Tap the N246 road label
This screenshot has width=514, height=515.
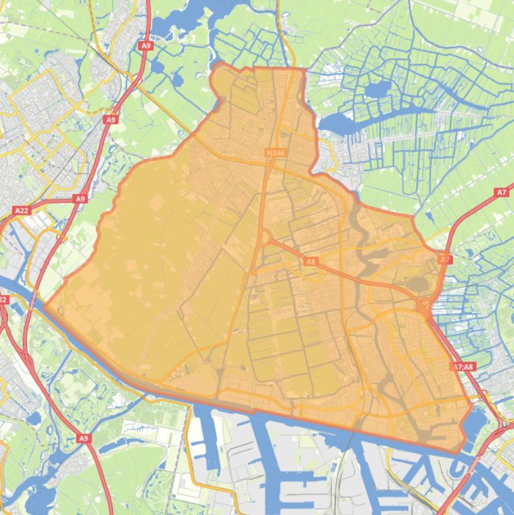tap(275, 153)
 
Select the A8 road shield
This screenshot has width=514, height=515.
tap(310, 262)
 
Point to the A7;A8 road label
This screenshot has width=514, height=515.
tap(463, 367)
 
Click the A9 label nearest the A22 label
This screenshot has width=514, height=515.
tap(80, 199)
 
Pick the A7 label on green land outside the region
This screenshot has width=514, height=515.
tap(501, 192)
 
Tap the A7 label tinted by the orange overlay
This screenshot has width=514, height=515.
tap(445, 259)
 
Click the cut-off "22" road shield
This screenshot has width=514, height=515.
tap(3, 300)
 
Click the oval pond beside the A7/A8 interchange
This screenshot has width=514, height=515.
tap(418, 285)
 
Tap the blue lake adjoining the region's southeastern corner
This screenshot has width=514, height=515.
tap(476, 423)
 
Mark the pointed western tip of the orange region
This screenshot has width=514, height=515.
tap(45, 306)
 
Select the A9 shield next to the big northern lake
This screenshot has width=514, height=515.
tap(146, 45)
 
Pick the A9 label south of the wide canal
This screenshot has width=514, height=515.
tap(83, 438)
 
